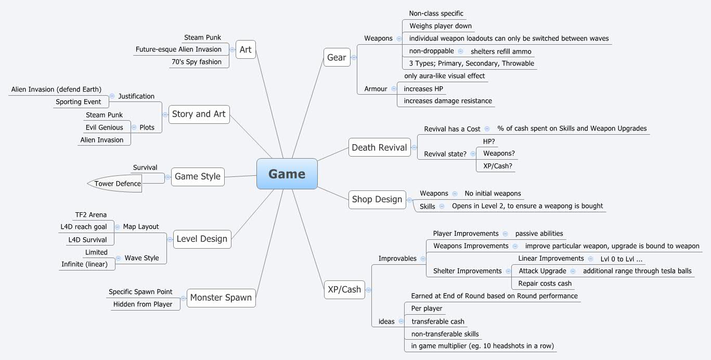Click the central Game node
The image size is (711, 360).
click(287, 174)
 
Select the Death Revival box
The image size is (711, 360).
click(379, 147)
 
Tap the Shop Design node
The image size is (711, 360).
click(377, 199)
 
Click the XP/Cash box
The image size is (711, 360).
click(344, 289)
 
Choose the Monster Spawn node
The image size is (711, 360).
click(221, 298)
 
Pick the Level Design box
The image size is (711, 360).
click(202, 239)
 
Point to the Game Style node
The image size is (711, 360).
click(198, 176)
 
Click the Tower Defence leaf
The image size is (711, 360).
click(118, 183)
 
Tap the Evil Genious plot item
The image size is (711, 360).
click(105, 127)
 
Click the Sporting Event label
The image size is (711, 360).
click(79, 102)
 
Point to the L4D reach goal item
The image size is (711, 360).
click(84, 227)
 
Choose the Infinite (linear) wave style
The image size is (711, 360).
click(84, 264)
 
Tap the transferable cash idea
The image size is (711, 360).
click(437, 322)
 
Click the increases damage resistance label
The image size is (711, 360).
click(447, 101)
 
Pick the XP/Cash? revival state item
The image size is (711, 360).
click(498, 166)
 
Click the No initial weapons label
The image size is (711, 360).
click(493, 194)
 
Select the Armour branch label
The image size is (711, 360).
click(376, 89)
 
